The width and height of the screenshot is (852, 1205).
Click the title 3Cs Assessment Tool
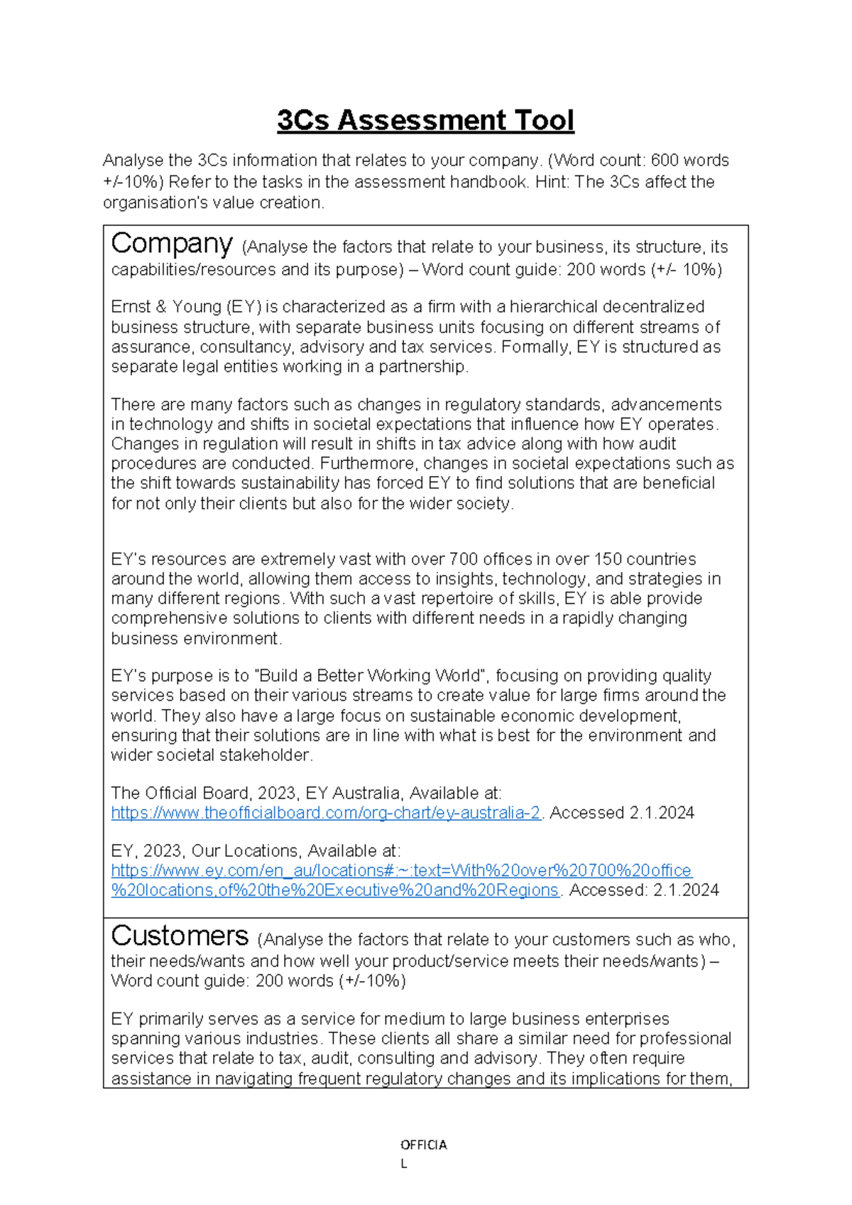(425, 120)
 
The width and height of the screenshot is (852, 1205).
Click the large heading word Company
(171, 244)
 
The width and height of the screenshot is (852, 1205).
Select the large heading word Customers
(180, 936)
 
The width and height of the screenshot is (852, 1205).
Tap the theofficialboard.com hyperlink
(326, 813)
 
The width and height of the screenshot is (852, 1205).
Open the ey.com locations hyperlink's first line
(401, 870)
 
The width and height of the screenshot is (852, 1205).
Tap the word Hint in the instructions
(551, 182)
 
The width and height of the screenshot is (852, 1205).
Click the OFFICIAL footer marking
(423, 1145)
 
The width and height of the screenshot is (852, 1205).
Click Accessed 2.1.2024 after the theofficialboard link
(622, 813)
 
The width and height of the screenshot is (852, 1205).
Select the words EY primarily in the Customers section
(157, 1019)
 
